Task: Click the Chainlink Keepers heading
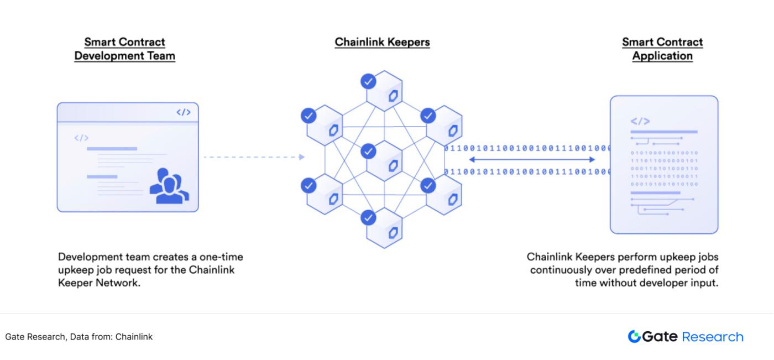point(382,43)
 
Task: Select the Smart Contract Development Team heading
point(124,49)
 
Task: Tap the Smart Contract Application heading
point(662,49)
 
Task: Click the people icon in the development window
point(169,185)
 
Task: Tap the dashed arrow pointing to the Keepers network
point(254,157)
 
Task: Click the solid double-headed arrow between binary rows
point(531,160)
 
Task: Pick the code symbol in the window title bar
point(184,112)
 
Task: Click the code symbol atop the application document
point(640,121)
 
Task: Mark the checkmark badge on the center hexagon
point(369,150)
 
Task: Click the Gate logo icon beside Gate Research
point(635,337)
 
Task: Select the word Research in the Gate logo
point(713,337)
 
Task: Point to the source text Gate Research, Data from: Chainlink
point(79,337)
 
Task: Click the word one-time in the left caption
point(221,258)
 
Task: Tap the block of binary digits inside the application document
point(664,168)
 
